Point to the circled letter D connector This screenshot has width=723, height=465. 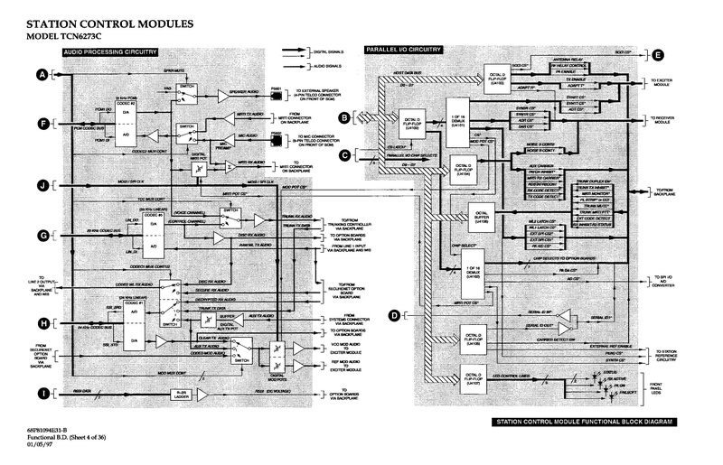394,314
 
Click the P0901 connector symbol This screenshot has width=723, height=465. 277,90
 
